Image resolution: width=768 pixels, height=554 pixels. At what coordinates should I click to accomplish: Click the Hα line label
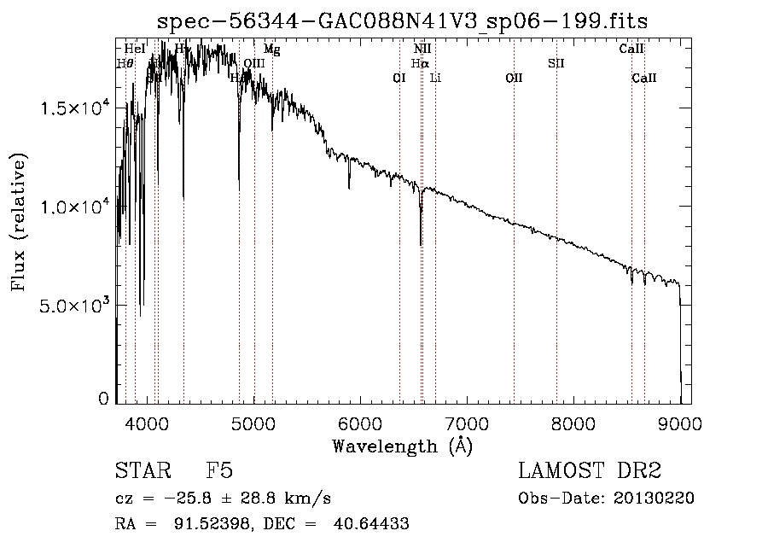419,63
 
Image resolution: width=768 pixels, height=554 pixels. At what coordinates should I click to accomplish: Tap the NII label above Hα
422,50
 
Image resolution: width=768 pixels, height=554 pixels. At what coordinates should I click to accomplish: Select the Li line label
435,78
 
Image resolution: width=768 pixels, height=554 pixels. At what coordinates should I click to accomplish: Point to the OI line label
399,78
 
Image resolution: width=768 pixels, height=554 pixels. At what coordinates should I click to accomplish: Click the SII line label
556,63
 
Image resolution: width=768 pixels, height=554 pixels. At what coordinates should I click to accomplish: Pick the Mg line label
271,50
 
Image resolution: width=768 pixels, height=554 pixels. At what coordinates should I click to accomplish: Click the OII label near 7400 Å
514,78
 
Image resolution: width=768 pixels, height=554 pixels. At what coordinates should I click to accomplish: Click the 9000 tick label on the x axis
680,422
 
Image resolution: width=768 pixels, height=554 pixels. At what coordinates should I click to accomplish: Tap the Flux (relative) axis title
19,222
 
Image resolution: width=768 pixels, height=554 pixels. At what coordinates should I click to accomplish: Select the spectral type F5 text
219,471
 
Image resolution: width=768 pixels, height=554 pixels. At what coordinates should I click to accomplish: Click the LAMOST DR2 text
590,471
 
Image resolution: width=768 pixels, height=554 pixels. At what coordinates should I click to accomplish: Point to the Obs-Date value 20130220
653,499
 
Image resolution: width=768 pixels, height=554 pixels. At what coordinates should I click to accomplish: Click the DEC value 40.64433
371,524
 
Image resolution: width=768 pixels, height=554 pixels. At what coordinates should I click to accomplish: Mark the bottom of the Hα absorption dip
421,245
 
